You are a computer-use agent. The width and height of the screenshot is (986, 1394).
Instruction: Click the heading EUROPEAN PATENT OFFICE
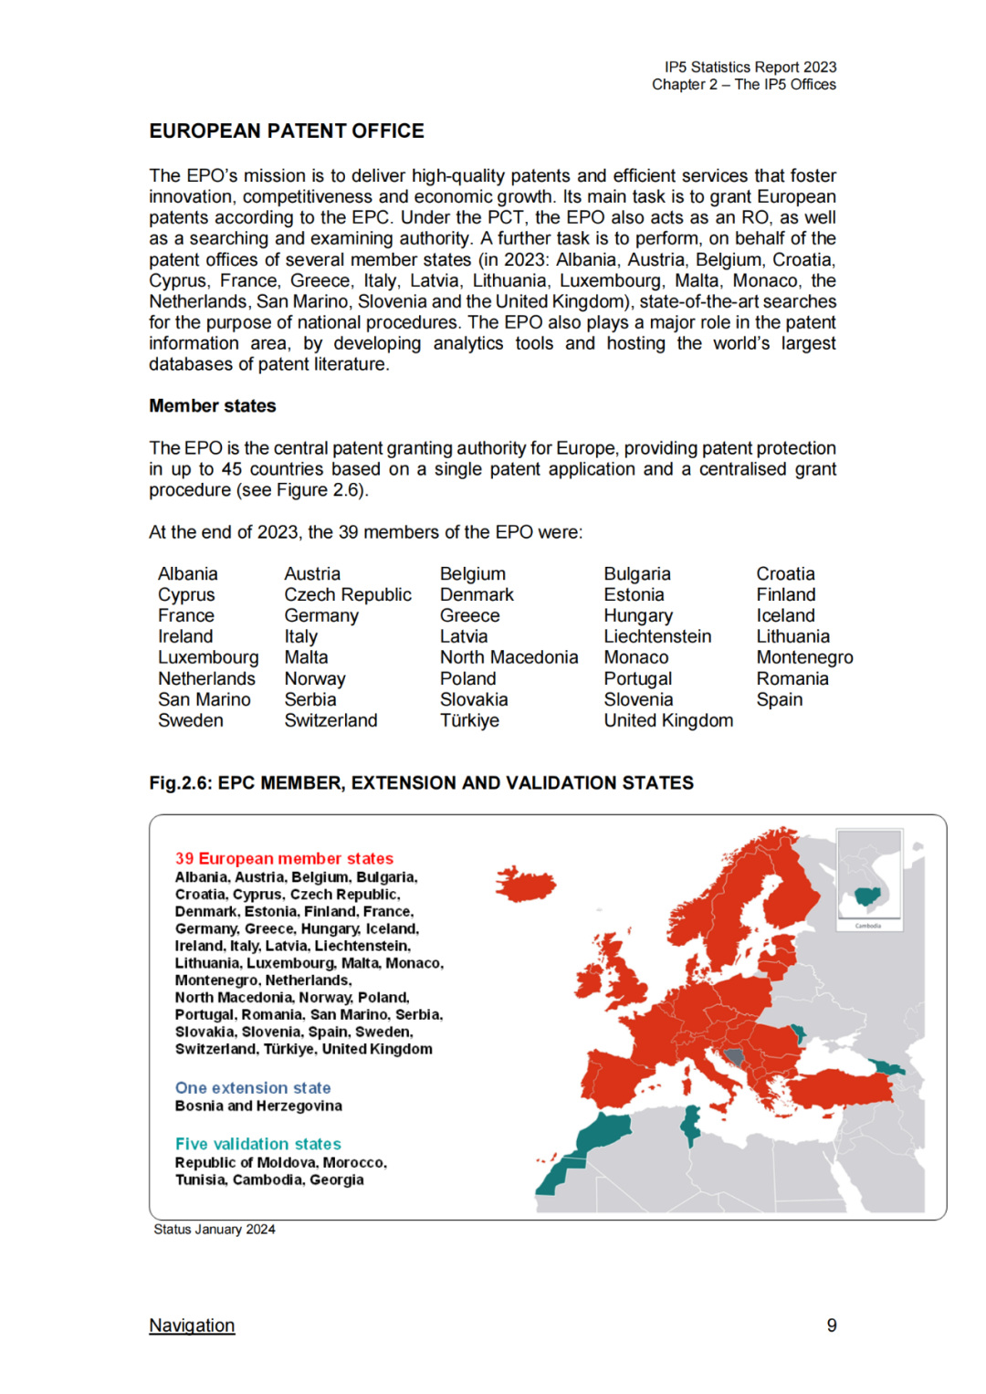click(x=287, y=131)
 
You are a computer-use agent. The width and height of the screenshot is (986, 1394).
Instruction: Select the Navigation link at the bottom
click(x=192, y=1326)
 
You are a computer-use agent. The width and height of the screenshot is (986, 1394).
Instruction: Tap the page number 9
click(x=832, y=1326)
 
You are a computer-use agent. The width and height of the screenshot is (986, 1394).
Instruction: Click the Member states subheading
click(x=213, y=406)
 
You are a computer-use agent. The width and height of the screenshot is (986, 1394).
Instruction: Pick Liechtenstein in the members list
click(x=657, y=636)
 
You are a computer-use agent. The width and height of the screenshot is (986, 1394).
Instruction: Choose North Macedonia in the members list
click(x=509, y=657)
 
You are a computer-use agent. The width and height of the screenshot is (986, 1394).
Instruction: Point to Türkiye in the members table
click(x=469, y=720)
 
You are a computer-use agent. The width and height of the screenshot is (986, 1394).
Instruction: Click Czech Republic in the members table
click(x=348, y=594)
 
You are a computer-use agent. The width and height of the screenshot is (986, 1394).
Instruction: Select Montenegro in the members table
click(x=804, y=657)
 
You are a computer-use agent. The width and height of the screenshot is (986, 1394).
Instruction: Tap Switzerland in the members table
click(x=330, y=720)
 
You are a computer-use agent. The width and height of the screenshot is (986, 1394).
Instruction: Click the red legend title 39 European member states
click(x=284, y=859)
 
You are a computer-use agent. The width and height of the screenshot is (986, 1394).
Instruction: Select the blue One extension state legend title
click(x=253, y=1088)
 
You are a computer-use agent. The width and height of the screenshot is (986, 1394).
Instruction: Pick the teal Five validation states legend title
click(x=258, y=1145)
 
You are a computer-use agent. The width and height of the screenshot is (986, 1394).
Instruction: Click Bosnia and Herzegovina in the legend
click(x=258, y=1106)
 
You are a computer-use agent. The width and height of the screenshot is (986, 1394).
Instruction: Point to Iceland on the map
click(x=527, y=884)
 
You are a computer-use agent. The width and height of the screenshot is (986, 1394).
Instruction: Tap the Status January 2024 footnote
click(x=215, y=1230)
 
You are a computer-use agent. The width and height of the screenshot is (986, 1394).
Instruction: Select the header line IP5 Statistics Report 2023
click(x=750, y=68)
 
